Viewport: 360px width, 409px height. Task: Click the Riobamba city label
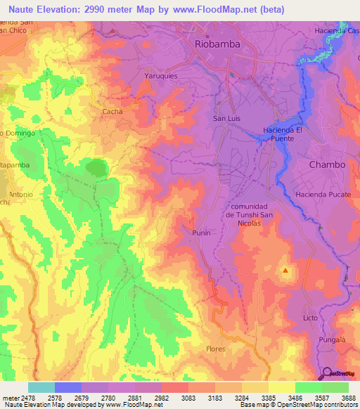tap(217, 44)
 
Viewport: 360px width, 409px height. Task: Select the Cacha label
tap(112, 111)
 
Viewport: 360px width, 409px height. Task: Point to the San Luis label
tap(226, 118)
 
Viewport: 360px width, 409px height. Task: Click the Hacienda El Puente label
tap(283, 134)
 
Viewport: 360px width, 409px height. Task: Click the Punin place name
tap(202, 231)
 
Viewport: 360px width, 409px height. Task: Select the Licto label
tap(311, 318)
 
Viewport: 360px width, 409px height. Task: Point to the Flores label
tap(216, 349)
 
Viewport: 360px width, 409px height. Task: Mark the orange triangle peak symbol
tap(285, 270)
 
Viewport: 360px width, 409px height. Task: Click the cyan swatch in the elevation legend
tap(41, 387)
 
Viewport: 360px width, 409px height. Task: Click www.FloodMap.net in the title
tap(219, 8)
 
